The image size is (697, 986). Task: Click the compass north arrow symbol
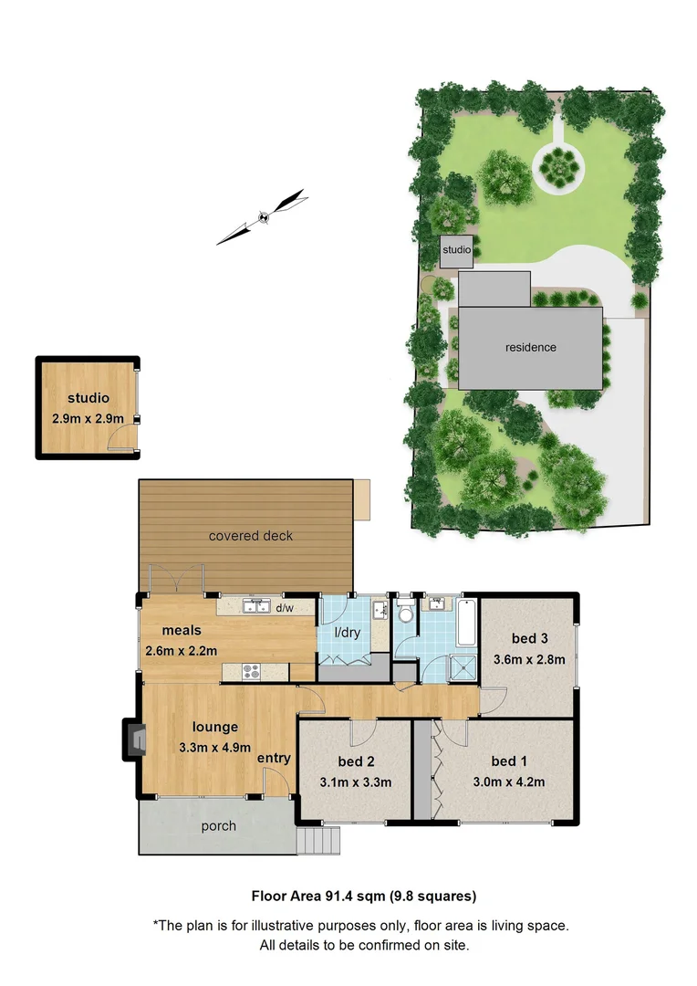coord(261,217)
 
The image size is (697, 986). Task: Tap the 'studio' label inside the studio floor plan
coord(88,398)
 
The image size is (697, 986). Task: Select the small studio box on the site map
coord(456,250)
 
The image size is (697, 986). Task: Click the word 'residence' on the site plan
coord(531,348)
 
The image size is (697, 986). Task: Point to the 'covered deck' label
coord(251,536)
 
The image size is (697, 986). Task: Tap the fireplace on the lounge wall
coord(134,739)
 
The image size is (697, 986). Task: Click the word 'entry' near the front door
coord(274,759)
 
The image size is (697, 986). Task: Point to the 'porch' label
coord(218,826)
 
